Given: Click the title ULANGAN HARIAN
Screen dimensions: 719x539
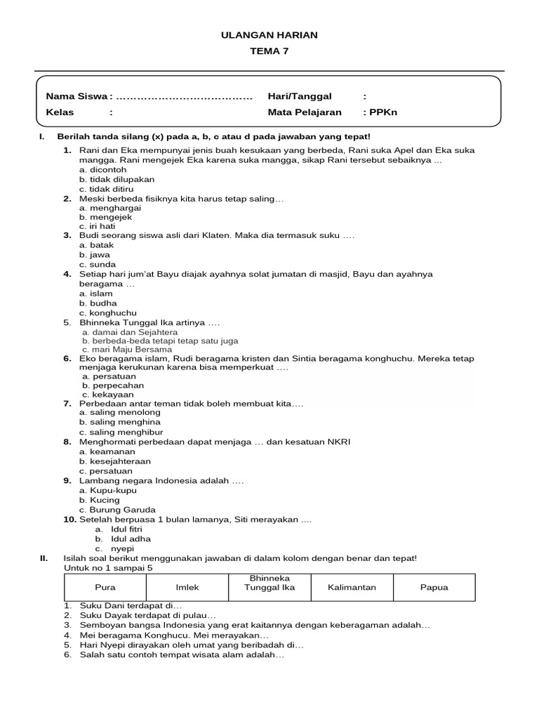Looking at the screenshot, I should (x=269, y=35).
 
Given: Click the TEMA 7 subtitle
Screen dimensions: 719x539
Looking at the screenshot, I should (x=269, y=51).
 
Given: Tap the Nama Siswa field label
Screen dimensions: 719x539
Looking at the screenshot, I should (x=76, y=96).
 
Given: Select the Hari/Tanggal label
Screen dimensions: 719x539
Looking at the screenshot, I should (x=300, y=96).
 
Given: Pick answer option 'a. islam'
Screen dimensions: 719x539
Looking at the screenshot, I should (x=96, y=293).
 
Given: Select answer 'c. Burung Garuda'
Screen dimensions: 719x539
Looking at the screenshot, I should (x=117, y=510).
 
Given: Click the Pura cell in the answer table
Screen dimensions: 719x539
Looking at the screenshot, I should (x=105, y=588).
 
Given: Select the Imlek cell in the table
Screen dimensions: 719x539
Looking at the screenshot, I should (x=187, y=588).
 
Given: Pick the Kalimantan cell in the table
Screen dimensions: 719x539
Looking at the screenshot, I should (x=352, y=588).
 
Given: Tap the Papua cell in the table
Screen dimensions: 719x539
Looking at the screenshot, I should (x=434, y=588).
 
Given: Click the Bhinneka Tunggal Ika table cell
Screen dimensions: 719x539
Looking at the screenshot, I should (x=269, y=583).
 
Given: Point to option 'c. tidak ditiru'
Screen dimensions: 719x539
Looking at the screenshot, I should (x=106, y=189).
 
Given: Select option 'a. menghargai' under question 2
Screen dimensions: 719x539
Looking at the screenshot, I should (x=110, y=208).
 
